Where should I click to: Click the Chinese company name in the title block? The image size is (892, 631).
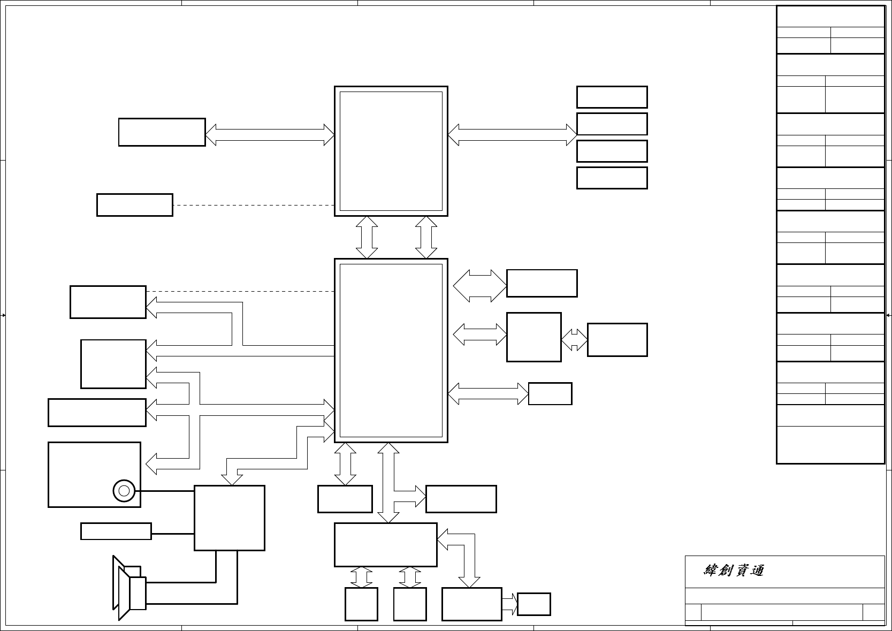click(x=734, y=571)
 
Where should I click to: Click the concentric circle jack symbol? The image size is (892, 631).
click(x=124, y=490)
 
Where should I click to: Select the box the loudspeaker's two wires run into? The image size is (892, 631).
click(x=229, y=518)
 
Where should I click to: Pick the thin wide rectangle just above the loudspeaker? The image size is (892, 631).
click(x=116, y=531)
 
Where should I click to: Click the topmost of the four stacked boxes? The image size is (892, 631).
click(x=612, y=97)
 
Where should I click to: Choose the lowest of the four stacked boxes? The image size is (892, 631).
click(x=612, y=178)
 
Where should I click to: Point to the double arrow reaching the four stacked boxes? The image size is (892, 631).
click(x=512, y=134)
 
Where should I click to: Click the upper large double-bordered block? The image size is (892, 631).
click(x=391, y=151)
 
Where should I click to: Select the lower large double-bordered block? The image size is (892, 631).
click(x=391, y=351)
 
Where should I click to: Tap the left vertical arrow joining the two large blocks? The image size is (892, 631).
click(x=367, y=237)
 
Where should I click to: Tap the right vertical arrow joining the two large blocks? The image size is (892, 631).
click(x=426, y=237)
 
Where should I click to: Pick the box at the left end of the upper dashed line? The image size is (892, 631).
click(x=134, y=205)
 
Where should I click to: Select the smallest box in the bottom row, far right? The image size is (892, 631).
click(x=534, y=604)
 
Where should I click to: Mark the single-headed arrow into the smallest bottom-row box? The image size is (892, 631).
click(x=510, y=604)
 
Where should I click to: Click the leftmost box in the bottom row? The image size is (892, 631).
click(x=361, y=604)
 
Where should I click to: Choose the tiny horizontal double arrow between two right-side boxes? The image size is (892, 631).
click(x=574, y=339)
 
